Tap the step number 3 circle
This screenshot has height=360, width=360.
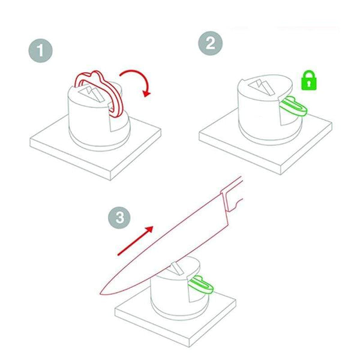click(121, 217)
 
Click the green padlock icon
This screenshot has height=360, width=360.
click(308, 80)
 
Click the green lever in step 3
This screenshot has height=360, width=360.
click(202, 284)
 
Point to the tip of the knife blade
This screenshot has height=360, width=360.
click(102, 292)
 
